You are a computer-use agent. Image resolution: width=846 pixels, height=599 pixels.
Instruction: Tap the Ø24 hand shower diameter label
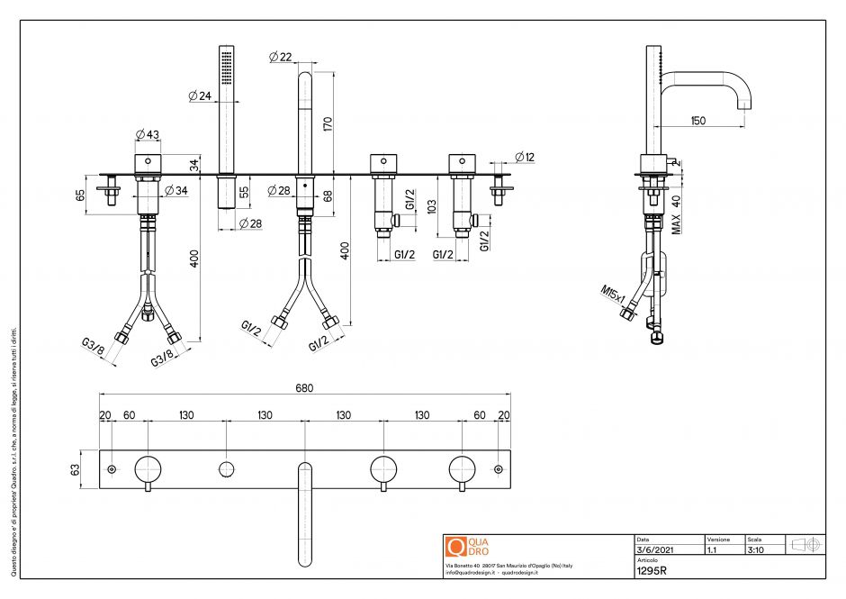[x=199, y=95]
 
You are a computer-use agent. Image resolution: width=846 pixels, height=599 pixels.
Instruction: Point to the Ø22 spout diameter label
[x=281, y=58]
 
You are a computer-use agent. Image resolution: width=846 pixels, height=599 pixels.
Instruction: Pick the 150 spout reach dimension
[x=698, y=120]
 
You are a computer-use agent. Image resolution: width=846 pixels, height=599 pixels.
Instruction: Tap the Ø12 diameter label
[x=525, y=157]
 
